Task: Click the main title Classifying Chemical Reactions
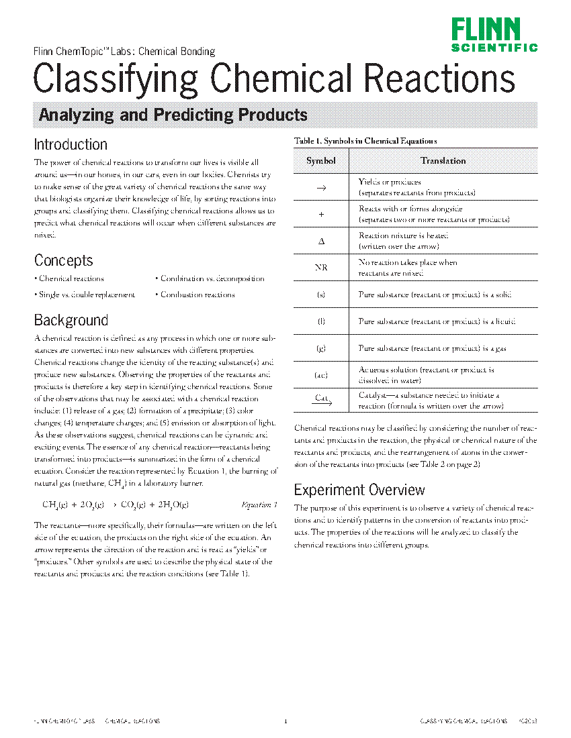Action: (x=274, y=79)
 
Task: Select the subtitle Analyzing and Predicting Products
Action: (x=173, y=115)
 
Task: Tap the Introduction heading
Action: (x=71, y=144)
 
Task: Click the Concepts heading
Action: (x=64, y=260)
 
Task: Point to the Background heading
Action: (x=71, y=320)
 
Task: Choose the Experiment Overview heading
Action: (x=359, y=490)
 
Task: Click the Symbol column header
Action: (x=321, y=161)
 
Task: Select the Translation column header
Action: (x=443, y=161)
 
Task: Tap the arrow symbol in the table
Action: (x=321, y=188)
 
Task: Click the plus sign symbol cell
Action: (x=321, y=214)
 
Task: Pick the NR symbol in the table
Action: (x=321, y=268)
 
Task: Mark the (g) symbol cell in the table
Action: (x=321, y=348)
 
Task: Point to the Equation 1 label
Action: (x=259, y=505)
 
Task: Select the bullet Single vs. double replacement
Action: (x=87, y=295)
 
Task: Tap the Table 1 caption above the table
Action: (x=365, y=141)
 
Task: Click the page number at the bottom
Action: (x=285, y=721)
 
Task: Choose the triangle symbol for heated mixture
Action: (x=321, y=241)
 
